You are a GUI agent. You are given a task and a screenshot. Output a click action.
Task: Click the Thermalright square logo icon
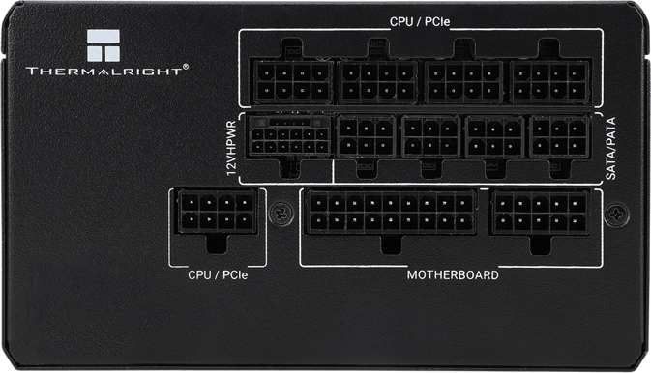(104, 45)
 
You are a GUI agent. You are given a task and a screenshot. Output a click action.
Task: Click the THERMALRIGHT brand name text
(104, 71)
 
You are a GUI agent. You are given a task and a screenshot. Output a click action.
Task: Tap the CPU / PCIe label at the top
(420, 21)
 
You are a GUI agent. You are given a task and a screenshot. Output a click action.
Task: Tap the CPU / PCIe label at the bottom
(218, 275)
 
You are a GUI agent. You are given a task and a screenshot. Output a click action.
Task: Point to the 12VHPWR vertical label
(231, 148)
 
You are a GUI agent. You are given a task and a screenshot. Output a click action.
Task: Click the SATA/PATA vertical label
(610, 148)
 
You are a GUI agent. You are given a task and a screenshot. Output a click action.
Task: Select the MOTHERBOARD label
(453, 275)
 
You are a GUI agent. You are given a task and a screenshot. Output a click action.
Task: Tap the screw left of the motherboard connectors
(281, 214)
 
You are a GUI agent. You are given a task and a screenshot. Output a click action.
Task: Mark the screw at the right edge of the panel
(617, 215)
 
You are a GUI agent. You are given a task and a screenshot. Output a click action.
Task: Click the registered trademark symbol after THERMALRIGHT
(186, 66)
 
